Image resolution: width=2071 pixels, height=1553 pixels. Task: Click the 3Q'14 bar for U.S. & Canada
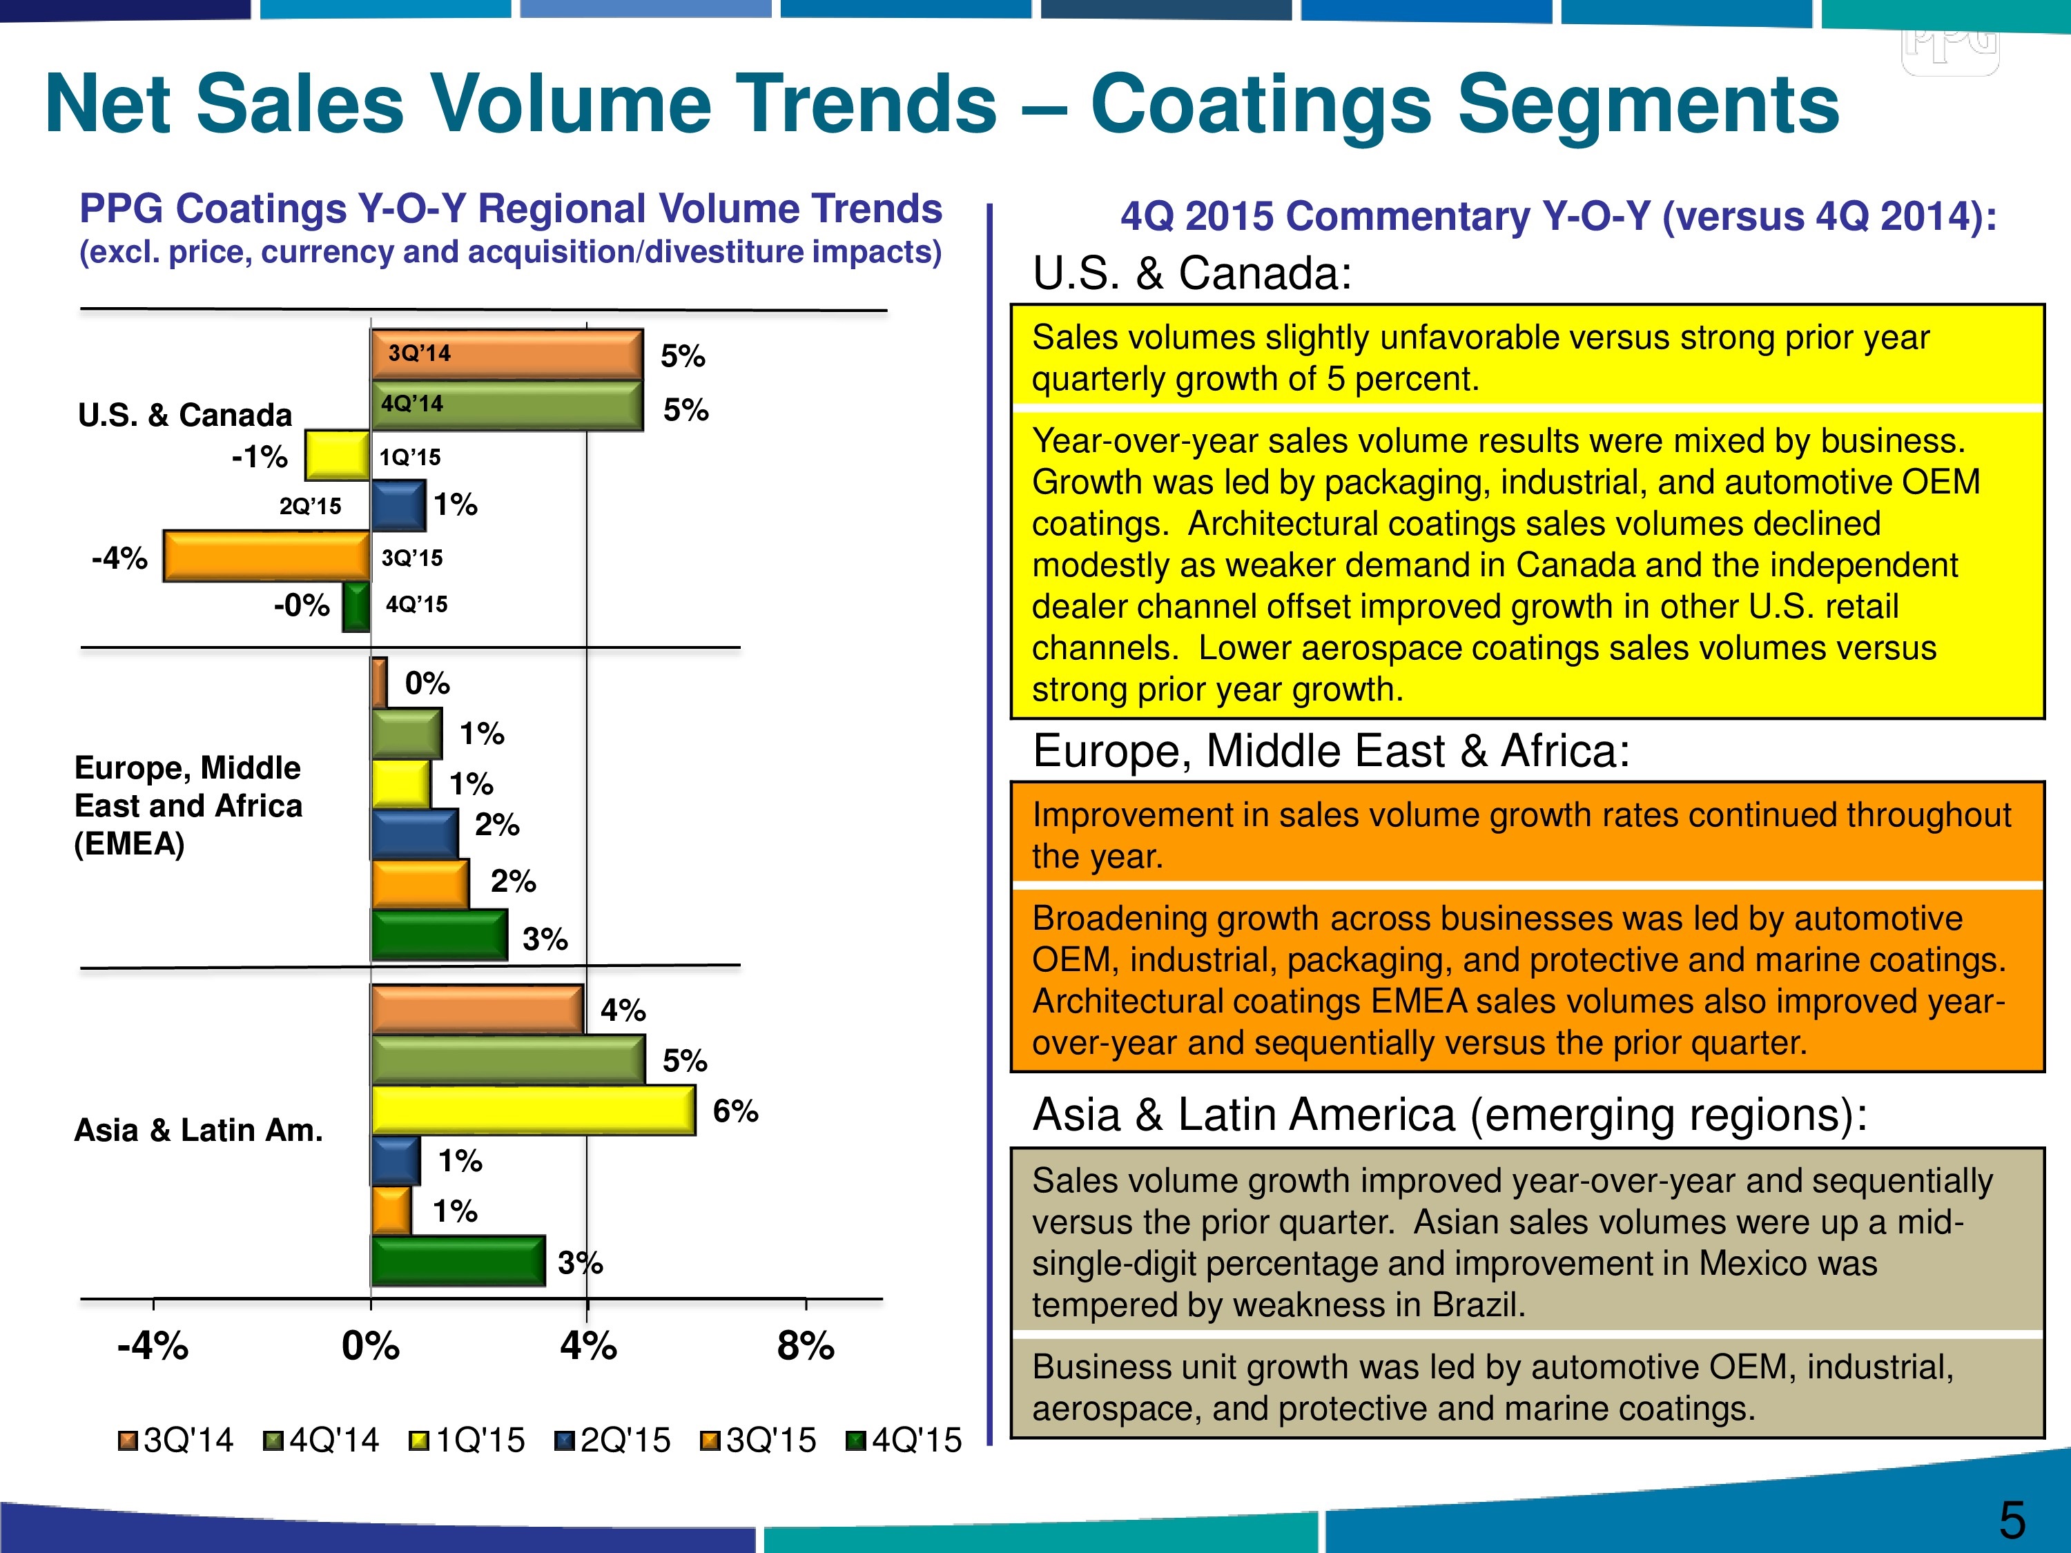click(507, 354)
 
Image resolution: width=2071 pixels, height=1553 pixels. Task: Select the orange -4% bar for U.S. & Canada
click(267, 556)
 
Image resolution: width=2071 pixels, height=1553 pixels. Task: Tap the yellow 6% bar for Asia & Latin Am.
click(533, 1110)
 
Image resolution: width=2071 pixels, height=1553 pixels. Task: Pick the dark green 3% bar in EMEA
click(439, 935)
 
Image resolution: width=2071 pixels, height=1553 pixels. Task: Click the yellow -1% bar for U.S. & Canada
click(337, 456)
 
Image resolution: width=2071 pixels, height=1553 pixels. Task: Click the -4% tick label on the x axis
click(153, 1346)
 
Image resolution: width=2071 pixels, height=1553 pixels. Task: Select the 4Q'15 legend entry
click(904, 1440)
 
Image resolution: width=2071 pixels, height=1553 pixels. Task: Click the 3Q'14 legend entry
click(176, 1440)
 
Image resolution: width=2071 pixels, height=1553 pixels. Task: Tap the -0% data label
click(302, 605)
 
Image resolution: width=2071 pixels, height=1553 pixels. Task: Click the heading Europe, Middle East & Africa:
click(1330, 751)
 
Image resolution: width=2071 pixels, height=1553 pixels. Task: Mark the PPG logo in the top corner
click(1950, 47)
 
